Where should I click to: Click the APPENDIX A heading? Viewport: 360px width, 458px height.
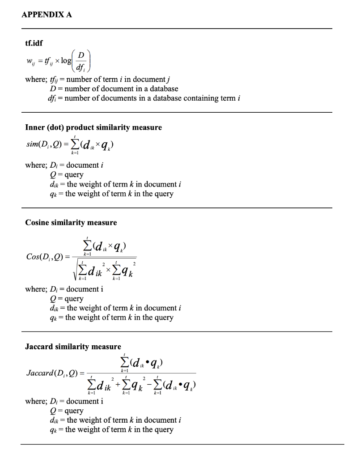tap(47, 14)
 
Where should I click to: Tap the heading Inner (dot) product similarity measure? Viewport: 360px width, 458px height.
tap(93, 127)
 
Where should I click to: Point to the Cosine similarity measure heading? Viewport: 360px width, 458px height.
tap(71, 222)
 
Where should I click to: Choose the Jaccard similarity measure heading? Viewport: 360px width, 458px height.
tap(73, 347)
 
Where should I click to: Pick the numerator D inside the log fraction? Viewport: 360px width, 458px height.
tap(81, 55)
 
